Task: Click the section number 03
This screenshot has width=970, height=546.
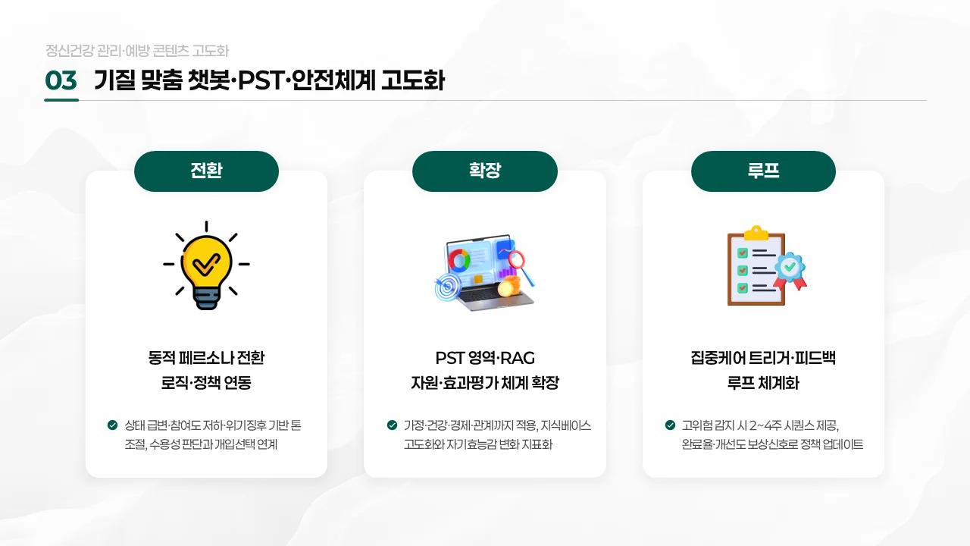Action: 61,81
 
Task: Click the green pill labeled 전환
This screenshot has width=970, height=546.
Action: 206,171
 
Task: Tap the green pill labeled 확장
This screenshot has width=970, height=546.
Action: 485,171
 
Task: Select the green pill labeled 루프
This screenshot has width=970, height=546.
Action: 763,171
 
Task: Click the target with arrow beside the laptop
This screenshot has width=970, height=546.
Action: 446,288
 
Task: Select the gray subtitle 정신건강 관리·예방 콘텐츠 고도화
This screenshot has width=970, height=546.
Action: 136,51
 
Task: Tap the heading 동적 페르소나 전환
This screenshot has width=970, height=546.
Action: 206,357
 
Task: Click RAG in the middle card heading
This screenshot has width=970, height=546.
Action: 518,357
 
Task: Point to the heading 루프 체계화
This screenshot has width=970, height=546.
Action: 763,383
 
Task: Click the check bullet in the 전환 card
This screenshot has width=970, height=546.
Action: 113,425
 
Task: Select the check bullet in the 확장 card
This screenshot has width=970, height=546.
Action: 392,425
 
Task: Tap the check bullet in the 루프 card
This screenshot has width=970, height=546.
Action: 671,425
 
